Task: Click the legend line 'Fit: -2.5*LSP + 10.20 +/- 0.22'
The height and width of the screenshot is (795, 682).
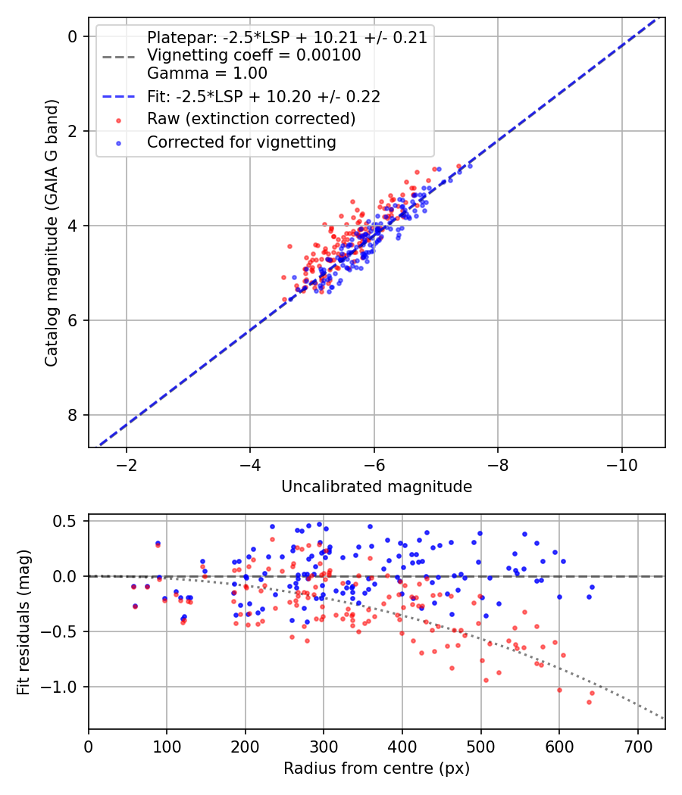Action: point(263,97)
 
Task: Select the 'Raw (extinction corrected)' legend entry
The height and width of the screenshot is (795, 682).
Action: point(251,119)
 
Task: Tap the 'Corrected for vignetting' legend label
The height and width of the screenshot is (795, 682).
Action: point(241,142)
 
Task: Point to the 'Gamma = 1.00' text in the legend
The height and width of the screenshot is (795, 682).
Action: point(207,74)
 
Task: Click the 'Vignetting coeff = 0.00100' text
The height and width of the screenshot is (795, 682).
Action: point(254,55)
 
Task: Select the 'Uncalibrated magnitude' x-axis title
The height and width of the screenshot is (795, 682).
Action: point(377,487)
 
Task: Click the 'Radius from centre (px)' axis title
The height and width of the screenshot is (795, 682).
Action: point(377,768)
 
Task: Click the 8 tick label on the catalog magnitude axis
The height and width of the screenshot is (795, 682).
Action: point(73,415)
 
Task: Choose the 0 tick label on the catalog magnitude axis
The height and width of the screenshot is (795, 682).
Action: point(73,36)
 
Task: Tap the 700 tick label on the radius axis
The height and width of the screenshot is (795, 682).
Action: point(637,746)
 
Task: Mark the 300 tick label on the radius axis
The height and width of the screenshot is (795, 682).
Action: point(324,746)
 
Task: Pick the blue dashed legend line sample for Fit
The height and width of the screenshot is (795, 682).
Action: point(118,97)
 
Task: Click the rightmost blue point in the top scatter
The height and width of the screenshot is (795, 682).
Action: point(470,166)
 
